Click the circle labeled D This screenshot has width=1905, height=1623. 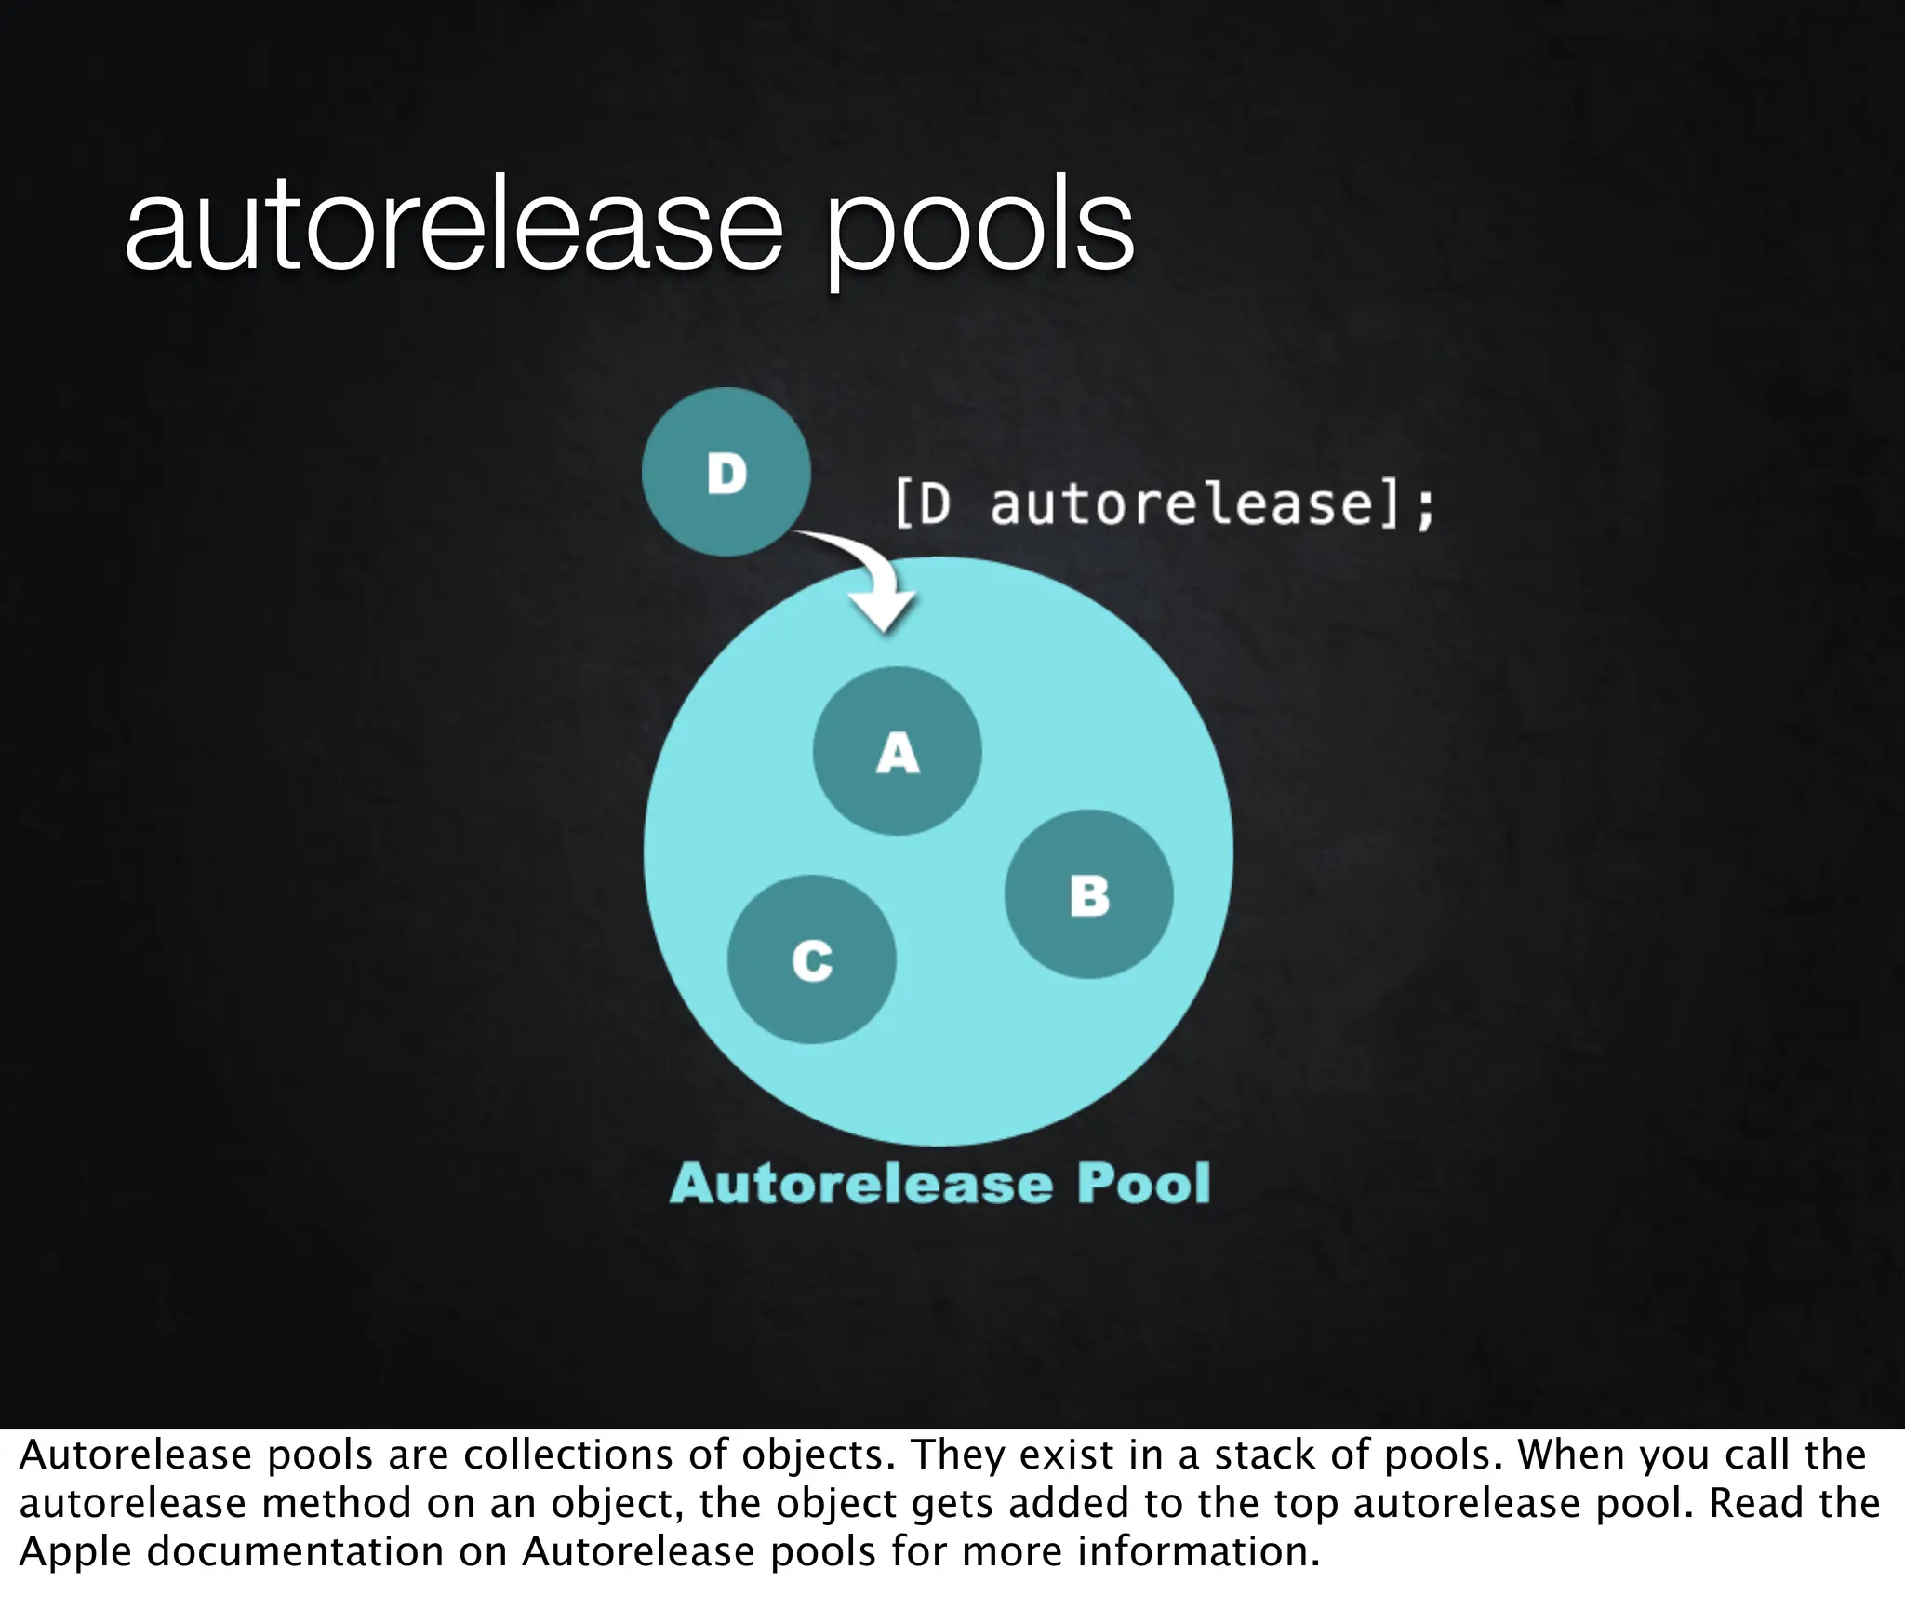tap(726, 472)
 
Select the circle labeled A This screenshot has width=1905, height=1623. tap(897, 751)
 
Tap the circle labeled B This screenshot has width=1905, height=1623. tap(1088, 894)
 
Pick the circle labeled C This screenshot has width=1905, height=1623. tap(811, 959)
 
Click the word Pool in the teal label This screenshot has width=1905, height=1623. tap(1143, 1184)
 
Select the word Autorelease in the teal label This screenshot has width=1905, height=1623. tap(862, 1184)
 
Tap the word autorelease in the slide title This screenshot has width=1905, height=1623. tap(454, 228)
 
